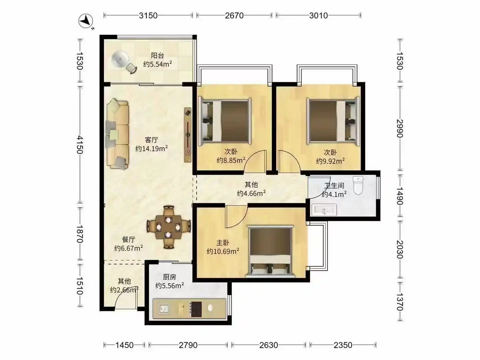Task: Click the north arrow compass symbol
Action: coord(86,21)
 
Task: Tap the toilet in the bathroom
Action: coord(358,185)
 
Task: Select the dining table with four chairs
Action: coord(168,227)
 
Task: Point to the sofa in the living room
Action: coord(117,134)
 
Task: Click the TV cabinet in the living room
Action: coord(188,135)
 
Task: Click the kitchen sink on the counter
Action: coord(164,309)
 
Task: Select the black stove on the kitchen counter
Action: coord(196,309)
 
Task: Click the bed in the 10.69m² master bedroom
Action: coord(270,251)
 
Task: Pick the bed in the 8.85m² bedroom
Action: coord(224,121)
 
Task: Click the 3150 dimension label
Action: coord(148,16)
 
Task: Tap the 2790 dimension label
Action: coord(188,345)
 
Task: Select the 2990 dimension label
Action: coord(400,128)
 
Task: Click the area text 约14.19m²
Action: coord(152,148)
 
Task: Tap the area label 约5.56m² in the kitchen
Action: coord(169,285)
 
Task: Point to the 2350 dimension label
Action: coord(343,345)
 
